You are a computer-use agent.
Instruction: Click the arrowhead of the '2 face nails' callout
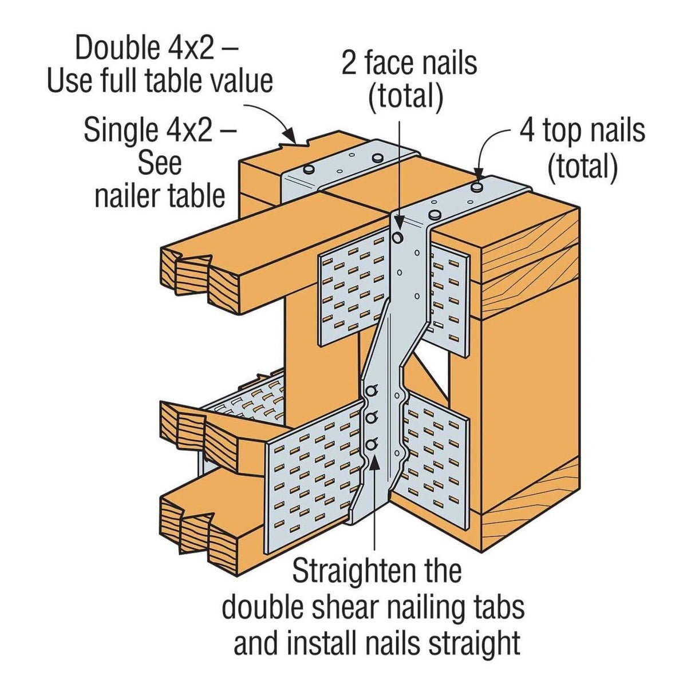[397, 221]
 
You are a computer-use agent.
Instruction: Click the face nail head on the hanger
[398, 236]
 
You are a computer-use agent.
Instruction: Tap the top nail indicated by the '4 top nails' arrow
[477, 187]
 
